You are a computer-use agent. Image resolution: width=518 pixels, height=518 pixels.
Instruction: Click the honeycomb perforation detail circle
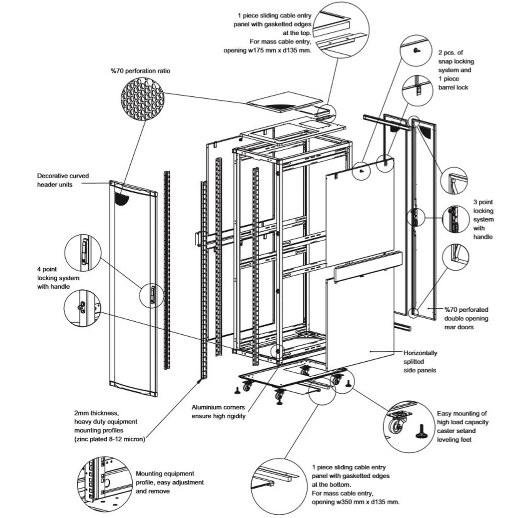point(142,98)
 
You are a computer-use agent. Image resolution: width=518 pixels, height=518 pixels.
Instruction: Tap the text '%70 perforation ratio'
point(140,71)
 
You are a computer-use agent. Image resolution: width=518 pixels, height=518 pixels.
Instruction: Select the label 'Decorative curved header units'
point(63,180)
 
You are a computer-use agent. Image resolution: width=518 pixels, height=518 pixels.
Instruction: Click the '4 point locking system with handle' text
point(58,278)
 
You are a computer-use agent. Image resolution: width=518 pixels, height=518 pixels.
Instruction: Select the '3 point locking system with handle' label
point(483,219)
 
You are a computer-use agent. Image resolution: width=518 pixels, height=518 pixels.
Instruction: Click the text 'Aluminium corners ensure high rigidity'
point(218,412)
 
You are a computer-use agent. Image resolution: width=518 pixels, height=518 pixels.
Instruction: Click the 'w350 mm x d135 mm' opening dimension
point(367,502)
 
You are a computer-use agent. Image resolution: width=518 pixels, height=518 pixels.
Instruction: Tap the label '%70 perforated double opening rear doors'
point(466,318)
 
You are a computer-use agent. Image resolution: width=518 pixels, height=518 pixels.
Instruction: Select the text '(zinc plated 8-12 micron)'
point(110,439)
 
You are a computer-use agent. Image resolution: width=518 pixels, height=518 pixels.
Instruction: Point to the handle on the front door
point(153,294)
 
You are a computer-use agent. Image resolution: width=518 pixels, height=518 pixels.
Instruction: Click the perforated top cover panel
point(284,102)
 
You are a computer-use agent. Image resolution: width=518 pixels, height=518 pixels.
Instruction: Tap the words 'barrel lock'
point(453,87)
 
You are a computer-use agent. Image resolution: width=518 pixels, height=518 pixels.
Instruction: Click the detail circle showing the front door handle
point(83,253)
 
